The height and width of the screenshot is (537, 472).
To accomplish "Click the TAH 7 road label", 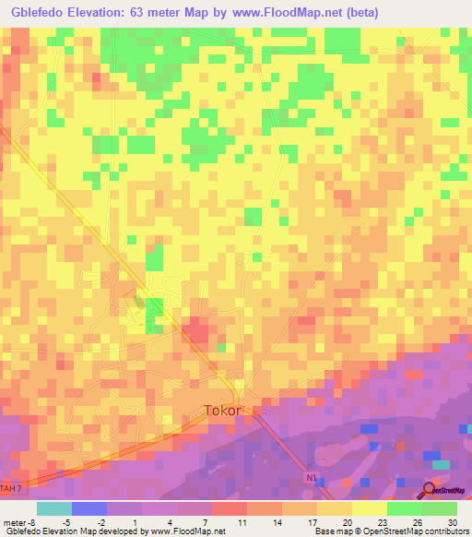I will coord(10,487).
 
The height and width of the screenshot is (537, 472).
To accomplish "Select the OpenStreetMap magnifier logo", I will coord(430,490).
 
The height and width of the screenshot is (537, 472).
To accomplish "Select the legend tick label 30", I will coord(450,521).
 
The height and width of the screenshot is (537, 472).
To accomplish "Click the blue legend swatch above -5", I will coord(88,508).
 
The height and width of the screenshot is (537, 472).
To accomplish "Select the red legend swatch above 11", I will coord(228,508).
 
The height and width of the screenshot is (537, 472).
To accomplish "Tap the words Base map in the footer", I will coord(328,531).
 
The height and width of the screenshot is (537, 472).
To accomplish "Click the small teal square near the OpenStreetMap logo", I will coord(443,464).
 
